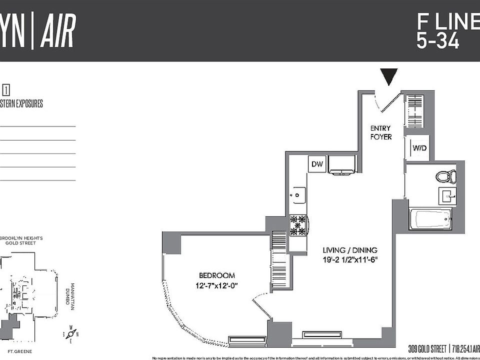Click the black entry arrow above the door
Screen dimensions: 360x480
pos(389,76)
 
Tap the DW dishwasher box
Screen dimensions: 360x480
pos(317,164)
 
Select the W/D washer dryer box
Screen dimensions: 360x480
pos(419,148)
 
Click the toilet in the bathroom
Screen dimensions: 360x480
pos(445,176)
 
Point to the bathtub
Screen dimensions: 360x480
pos(429,219)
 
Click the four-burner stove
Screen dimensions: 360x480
pos(298,225)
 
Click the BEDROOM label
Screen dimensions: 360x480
pos(216,275)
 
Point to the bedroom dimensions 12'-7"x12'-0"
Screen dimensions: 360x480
pos(216,285)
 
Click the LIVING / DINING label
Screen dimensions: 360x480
pos(349,250)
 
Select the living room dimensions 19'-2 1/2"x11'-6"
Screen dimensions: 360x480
pos(349,260)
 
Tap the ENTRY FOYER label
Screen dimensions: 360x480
pos(380,132)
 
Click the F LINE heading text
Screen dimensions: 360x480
pos(447,22)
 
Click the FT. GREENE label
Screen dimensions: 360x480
pos(18,351)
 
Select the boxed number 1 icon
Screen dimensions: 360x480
pos(6,90)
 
